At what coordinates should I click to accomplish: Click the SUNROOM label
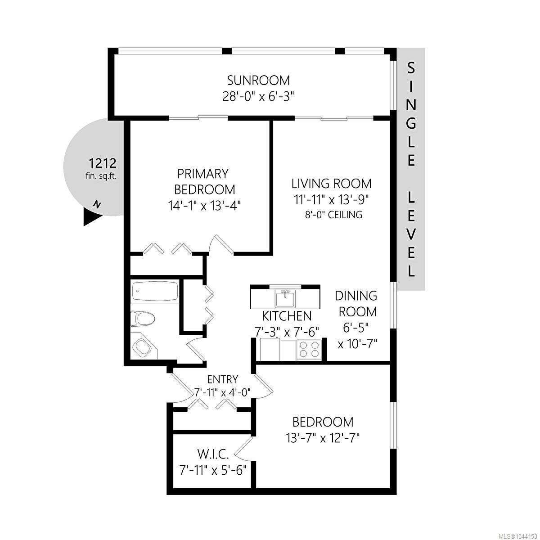pyautogui.click(x=258, y=81)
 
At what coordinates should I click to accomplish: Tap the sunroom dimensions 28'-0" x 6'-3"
pyautogui.click(x=258, y=97)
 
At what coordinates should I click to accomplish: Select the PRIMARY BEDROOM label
pyautogui.click(x=205, y=182)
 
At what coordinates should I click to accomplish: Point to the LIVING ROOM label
pyautogui.click(x=332, y=184)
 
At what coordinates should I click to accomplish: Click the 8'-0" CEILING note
pyautogui.click(x=333, y=215)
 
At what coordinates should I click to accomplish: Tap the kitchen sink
pyautogui.click(x=285, y=299)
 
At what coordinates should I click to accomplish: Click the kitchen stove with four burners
pyautogui.click(x=309, y=350)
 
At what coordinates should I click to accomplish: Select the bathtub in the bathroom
pyautogui.click(x=155, y=292)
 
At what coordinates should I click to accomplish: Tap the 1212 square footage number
pyautogui.click(x=102, y=163)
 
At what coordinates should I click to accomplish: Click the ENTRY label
pyautogui.click(x=222, y=379)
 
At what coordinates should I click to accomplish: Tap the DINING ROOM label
pyautogui.click(x=356, y=303)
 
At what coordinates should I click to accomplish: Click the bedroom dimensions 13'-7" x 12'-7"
pyautogui.click(x=323, y=437)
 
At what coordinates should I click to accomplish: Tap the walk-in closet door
pyautogui.click(x=244, y=451)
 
